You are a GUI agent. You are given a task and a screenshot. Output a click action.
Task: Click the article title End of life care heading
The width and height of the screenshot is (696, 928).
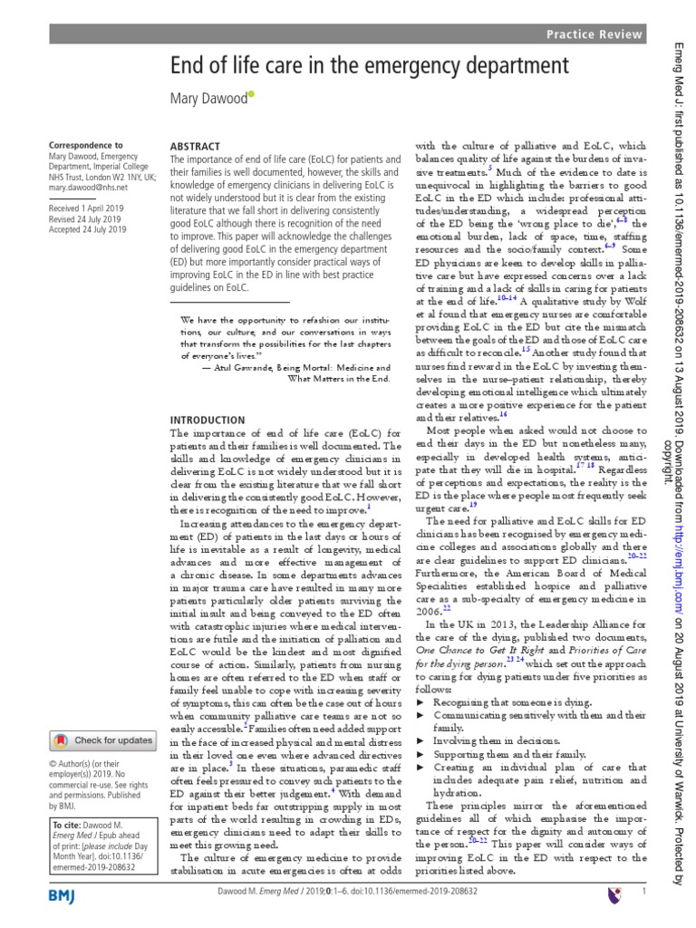point(370,67)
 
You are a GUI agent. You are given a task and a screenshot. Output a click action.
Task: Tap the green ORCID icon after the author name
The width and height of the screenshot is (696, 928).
point(251,93)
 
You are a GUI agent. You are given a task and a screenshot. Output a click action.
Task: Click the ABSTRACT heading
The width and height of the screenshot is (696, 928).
point(195,146)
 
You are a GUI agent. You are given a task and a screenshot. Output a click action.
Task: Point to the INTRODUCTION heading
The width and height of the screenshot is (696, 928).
point(208,420)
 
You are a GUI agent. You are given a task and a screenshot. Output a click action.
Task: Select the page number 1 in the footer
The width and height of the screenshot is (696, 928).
point(643,894)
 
